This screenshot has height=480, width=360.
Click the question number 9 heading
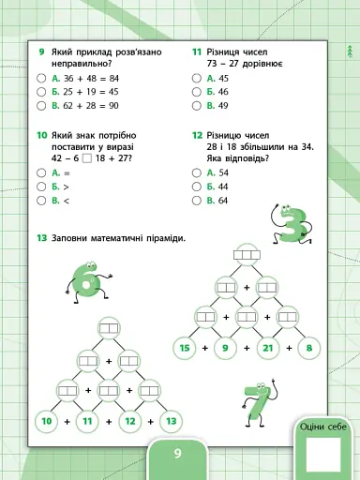point(42,53)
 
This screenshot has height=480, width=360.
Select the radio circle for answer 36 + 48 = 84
point(42,79)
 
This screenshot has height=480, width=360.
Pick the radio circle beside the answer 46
point(197,92)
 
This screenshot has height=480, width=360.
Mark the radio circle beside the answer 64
point(197,200)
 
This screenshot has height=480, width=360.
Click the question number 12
point(198,134)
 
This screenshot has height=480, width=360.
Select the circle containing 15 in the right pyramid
point(185,348)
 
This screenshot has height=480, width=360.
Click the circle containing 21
point(267,348)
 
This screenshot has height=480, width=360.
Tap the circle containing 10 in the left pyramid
point(47,422)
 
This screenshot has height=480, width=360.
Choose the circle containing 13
point(171,422)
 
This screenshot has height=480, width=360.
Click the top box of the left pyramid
point(109,328)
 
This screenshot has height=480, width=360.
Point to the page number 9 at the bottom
point(177,456)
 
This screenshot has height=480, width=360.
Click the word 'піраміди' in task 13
point(161,237)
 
